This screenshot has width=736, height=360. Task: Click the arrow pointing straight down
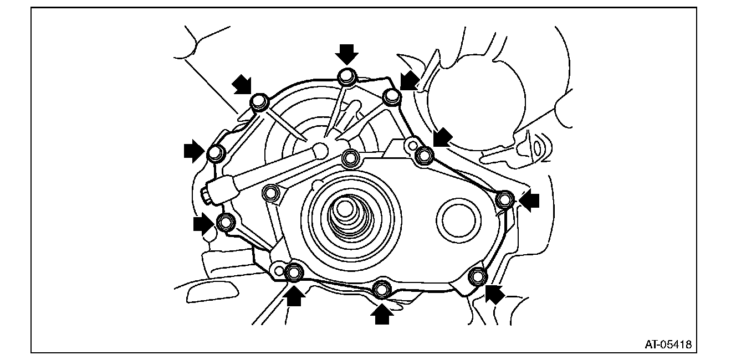coord(347,54)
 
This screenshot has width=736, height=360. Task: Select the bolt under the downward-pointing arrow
coord(347,75)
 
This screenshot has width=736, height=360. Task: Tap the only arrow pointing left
coord(529,200)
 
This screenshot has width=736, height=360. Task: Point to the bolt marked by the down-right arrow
coord(259,102)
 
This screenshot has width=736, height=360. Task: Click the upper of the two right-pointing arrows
coord(193,150)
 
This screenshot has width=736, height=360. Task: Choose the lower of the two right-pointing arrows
coord(203,224)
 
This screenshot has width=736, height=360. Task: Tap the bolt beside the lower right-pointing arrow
coord(226,223)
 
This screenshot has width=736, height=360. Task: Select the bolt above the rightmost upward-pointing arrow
coord(381,290)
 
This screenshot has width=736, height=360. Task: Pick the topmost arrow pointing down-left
coord(409,80)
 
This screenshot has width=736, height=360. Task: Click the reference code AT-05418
coord(667,344)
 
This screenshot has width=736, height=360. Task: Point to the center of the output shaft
coord(345,211)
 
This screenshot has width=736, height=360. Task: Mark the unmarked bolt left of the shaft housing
coord(271,193)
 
